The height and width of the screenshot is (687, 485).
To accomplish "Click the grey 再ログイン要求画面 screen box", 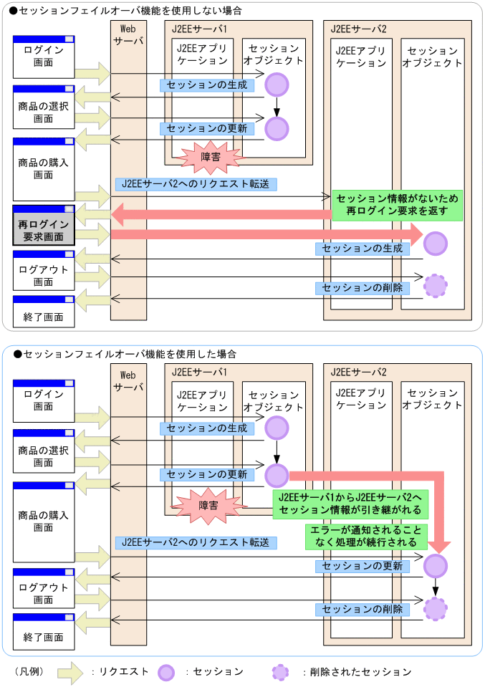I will point(44,227).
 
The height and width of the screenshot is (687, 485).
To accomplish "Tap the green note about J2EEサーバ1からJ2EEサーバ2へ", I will point(350,504).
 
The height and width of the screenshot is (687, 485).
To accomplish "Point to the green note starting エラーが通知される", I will point(365,536).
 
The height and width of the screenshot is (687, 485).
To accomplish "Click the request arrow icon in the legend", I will point(71,672).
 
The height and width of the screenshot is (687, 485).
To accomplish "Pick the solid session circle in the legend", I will point(166,672).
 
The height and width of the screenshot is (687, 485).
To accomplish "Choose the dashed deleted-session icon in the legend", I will point(281,672).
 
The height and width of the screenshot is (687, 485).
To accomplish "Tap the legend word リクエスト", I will point(124,672).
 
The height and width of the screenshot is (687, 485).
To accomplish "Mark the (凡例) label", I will point(29,672).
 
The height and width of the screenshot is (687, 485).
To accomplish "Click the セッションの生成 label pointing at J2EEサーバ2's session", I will point(362,249).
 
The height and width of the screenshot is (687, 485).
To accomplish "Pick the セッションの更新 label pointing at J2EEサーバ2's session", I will point(362,566).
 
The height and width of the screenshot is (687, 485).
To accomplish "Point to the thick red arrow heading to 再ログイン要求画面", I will point(215,213).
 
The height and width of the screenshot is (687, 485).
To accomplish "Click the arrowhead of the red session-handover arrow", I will point(439,546).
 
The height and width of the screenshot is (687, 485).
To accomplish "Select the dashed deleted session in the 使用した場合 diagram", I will point(435,609).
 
